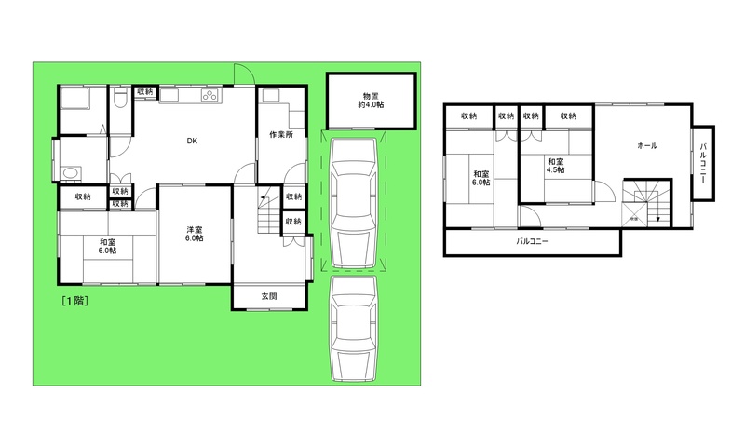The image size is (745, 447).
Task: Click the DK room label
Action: point(192,141)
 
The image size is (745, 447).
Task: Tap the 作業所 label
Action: point(281,134)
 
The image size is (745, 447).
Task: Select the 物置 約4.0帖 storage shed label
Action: point(371,101)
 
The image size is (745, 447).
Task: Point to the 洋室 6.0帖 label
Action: point(195,234)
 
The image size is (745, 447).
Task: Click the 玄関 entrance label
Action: point(269,296)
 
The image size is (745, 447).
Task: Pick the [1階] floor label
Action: point(75,301)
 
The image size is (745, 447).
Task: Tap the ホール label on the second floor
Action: point(647,146)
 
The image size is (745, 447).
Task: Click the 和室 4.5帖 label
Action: point(555,166)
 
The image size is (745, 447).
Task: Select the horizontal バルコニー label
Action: point(532,241)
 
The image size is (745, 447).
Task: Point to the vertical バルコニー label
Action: point(703,163)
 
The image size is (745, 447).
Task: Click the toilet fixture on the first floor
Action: point(121,97)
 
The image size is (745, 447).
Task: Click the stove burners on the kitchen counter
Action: point(209,96)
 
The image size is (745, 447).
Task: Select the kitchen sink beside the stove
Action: point(169,96)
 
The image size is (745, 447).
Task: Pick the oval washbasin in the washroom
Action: point(70,173)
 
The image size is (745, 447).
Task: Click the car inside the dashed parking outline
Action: point(354,203)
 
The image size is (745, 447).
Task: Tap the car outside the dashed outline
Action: point(354,328)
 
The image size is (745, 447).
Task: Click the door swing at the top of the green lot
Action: point(244,74)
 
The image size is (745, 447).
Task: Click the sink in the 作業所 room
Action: point(271,96)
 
